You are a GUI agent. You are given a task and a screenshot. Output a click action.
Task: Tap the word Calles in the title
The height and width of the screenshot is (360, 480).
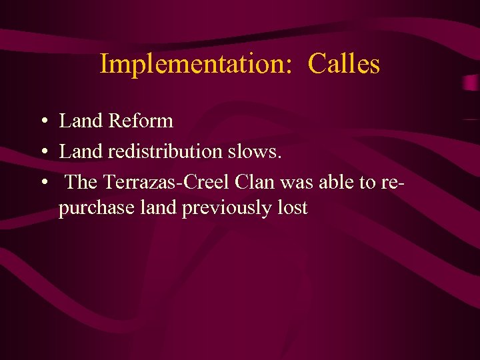[x=344, y=64]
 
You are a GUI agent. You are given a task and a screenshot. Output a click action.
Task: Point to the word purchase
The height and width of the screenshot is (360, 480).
[x=96, y=208]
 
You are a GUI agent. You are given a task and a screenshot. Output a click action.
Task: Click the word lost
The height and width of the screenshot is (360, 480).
[x=293, y=208]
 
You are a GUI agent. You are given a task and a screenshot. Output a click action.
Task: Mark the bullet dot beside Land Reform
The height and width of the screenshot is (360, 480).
[x=42, y=122]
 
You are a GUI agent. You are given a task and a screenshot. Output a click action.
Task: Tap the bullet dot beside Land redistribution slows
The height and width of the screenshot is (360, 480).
[x=42, y=153]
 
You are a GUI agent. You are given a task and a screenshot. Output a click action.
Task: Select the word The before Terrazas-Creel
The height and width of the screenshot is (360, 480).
[x=82, y=182]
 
